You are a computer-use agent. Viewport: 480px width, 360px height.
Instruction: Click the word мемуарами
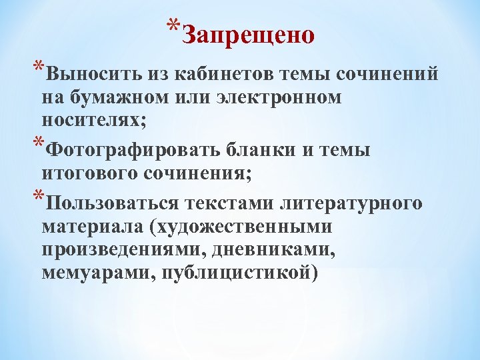pyautogui.click(x=94, y=275)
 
